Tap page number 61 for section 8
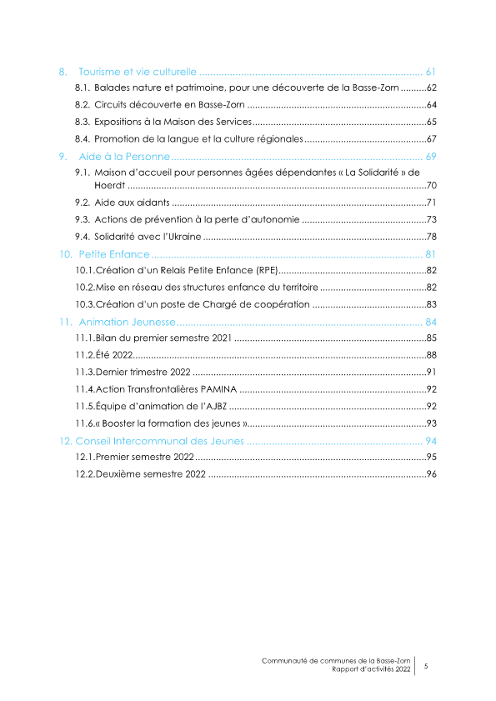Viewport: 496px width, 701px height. click(x=432, y=70)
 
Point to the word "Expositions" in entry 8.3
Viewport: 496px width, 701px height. click(x=121, y=122)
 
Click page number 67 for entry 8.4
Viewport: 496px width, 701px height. click(x=432, y=138)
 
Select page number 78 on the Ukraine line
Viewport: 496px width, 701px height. click(x=432, y=237)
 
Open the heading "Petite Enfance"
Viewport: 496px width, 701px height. click(x=114, y=253)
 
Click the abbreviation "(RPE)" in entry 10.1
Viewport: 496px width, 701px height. click(x=260, y=271)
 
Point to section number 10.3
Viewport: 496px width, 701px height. click(x=84, y=305)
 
